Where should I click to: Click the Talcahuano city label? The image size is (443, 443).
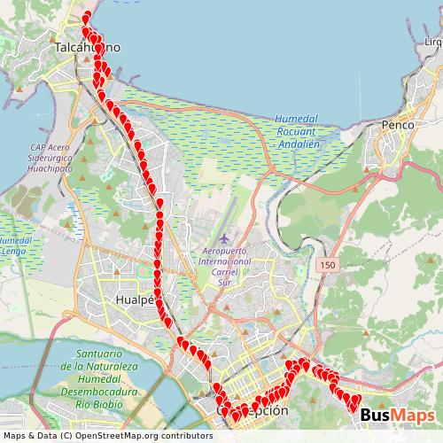coord(87,47)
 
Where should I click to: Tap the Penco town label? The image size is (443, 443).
coord(396,126)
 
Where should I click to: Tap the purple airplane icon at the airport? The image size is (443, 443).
coord(224,238)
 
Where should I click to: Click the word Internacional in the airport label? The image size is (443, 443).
coord(226,262)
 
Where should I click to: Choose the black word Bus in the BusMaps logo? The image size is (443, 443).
coord(377,415)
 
